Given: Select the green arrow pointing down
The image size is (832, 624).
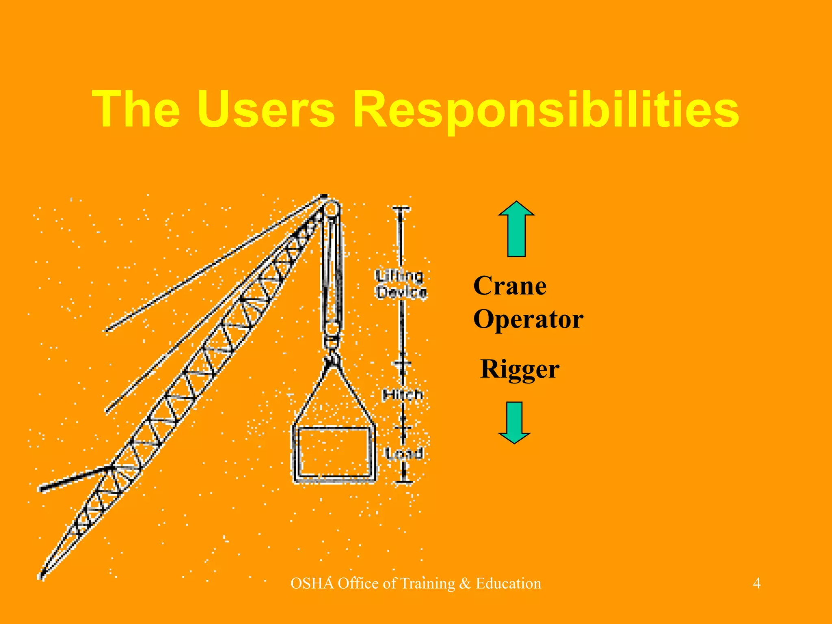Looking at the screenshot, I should pyautogui.click(x=514, y=422).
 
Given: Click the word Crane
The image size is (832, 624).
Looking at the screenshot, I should pyautogui.click(x=510, y=286).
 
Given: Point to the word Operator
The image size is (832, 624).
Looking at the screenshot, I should pyautogui.click(x=528, y=319).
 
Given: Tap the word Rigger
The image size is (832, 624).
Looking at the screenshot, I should pyautogui.click(x=520, y=369).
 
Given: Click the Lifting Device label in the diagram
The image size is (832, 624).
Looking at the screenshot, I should pyautogui.click(x=401, y=284).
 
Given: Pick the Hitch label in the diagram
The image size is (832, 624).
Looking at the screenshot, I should pyautogui.click(x=402, y=394).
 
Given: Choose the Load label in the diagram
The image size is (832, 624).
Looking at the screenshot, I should pyautogui.click(x=404, y=453).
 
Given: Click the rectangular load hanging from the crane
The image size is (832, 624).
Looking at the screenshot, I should pyautogui.click(x=334, y=453).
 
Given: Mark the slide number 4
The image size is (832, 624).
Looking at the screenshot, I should pyautogui.click(x=757, y=583).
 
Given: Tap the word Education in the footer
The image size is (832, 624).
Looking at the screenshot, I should pyautogui.click(x=508, y=583).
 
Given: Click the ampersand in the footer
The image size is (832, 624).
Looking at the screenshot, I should pyautogui.click(x=465, y=583).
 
